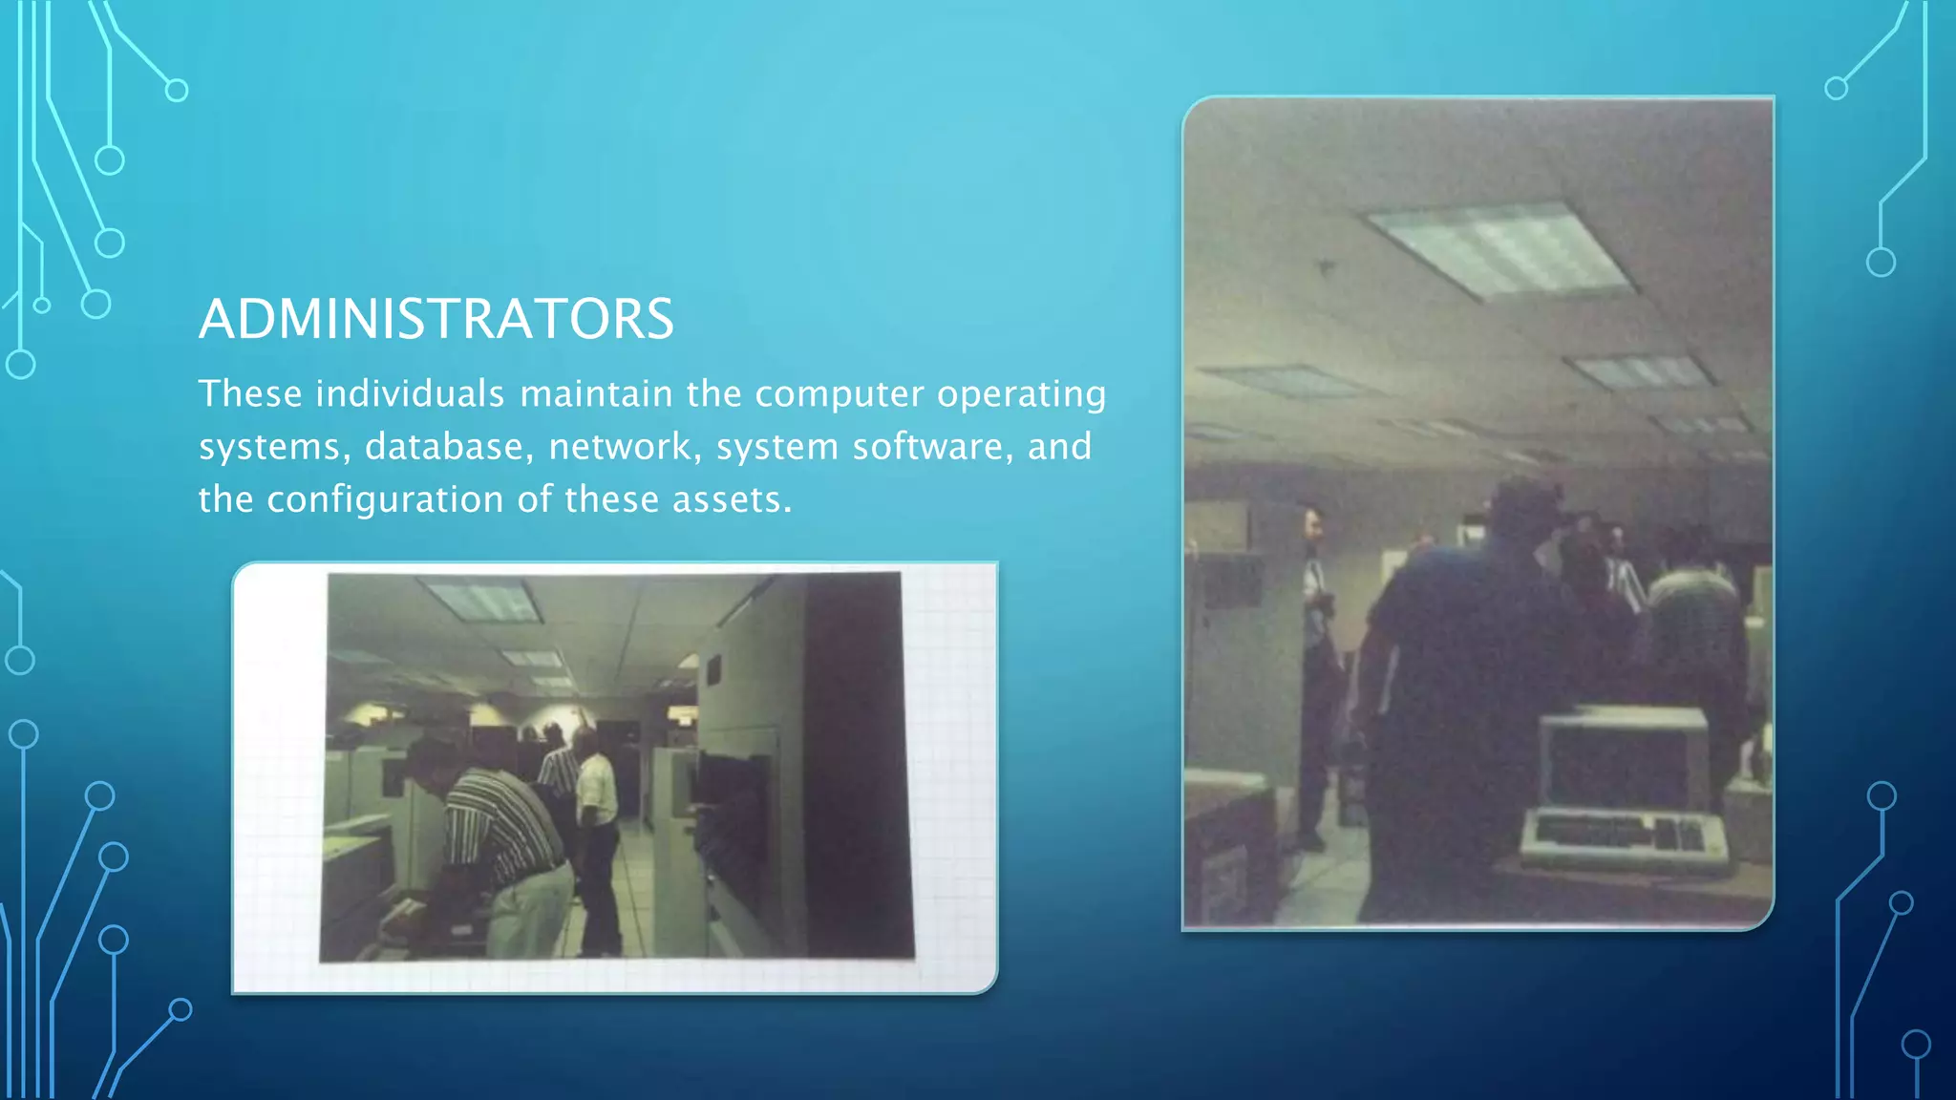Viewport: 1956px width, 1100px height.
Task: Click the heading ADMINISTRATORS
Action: point(436,319)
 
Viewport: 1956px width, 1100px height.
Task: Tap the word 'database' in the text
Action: point(444,447)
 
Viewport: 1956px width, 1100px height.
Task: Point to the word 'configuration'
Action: point(385,499)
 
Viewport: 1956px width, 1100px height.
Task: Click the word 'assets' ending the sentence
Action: point(731,499)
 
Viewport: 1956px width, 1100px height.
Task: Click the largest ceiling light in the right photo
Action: point(1499,248)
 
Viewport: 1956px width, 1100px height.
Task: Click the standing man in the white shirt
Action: point(596,821)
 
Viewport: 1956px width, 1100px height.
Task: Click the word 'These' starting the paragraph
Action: point(250,393)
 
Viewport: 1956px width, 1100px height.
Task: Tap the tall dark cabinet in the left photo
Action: point(855,764)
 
